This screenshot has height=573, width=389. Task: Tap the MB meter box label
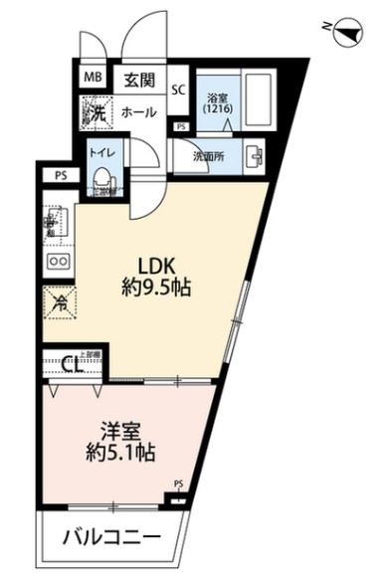click(x=93, y=77)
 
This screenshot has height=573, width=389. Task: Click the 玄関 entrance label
click(x=138, y=78)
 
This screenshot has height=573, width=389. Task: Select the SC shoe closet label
click(x=178, y=89)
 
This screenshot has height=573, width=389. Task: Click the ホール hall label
click(x=138, y=112)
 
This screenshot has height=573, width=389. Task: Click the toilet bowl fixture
click(x=101, y=177)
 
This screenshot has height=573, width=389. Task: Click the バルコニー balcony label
click(x=112, y=539)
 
